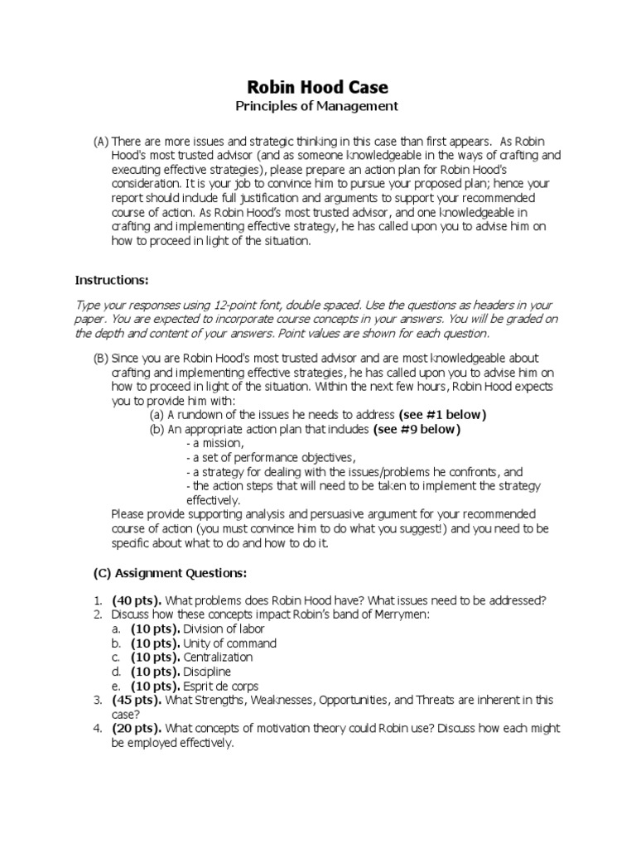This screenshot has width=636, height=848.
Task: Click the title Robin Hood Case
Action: click(x=319, y=87)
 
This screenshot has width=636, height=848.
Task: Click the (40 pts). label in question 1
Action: click(x=138, y=600)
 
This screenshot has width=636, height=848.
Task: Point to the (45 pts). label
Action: click(x=138, y=701)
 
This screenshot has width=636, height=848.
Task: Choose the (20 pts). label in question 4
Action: click(x=138, y=729)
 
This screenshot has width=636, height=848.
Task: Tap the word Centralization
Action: click(x=219, y=658)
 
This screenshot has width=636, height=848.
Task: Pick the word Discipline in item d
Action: click(x=207, y=672)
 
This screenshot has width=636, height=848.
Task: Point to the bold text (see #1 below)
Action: click(x=442, y=414)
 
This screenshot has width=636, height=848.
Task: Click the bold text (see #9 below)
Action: click(x=417, y=429)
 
